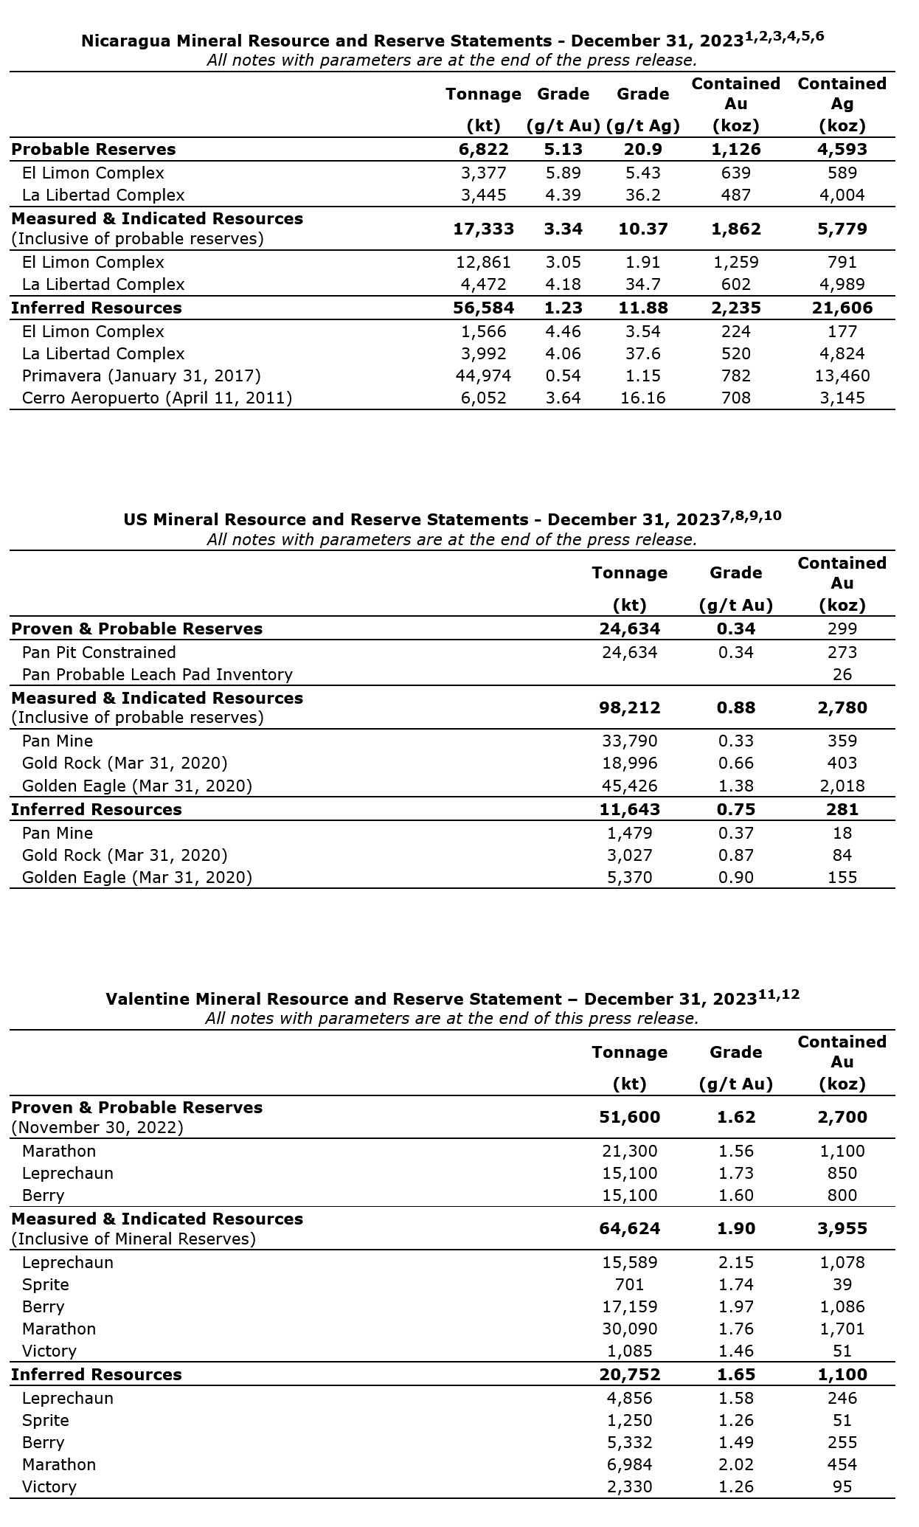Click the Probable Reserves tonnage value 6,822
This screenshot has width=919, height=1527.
tap(483, 150)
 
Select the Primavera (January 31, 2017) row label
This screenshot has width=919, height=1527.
tap(141, 376)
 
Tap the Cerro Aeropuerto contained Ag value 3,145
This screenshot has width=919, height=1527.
tap(842, 398)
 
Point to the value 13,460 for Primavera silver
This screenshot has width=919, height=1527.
tap(842, 376)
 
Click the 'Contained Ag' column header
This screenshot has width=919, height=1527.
tap(842, 104)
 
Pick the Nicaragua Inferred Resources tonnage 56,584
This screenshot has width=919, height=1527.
tap(483, 308)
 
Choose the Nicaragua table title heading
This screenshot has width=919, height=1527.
tap(451, 40)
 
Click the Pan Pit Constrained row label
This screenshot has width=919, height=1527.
tap(99, 653)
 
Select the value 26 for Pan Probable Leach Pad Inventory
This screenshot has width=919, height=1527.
tap(842, 675)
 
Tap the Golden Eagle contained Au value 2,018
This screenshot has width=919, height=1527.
tap(842, 786)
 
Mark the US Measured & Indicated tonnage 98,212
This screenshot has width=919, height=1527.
tap(629, 708)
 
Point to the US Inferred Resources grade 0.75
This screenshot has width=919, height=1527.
tap(735, 810)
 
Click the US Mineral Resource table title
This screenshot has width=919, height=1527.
tap(451, 519)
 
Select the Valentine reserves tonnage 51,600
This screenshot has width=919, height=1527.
tap(629, 1118)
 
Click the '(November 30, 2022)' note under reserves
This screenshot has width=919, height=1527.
tap(97, 1128)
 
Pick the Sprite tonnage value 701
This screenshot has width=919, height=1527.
tap(629, 1285)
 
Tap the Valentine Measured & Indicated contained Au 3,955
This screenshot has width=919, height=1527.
tap(842, 1229)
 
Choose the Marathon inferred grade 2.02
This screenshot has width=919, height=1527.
tap(735, 1465)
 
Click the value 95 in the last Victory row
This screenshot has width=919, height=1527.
tap(842, 1487)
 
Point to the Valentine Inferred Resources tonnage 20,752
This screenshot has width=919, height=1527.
tap(629, 1375)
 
